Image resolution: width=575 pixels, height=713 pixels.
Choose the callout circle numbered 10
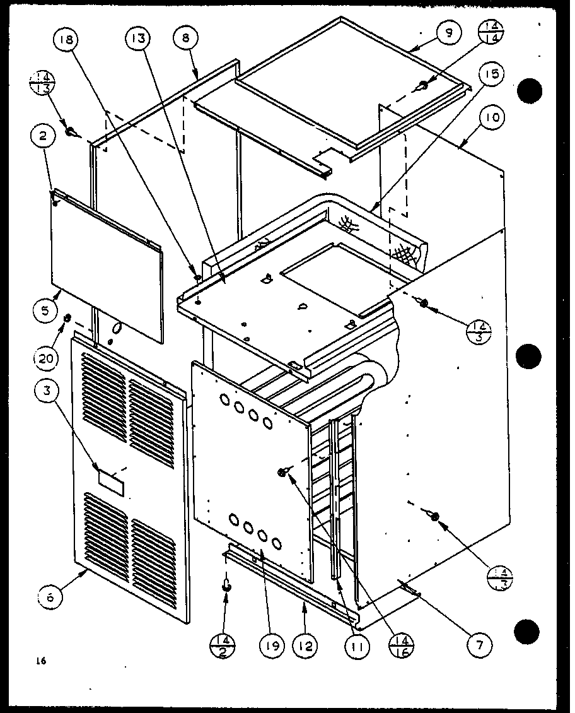pyautogui.click(x=492, y=118)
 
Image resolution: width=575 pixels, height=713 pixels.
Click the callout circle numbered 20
pyautogui.click(x=47, y=359)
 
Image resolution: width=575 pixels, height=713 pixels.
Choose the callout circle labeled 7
pyautogui.click(x=479, y=644)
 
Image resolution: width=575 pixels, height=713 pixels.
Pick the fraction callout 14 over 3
pyautogui.click(x=479, y=331)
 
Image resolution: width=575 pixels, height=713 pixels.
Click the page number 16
pyautogui.click(x=42, y=661)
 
